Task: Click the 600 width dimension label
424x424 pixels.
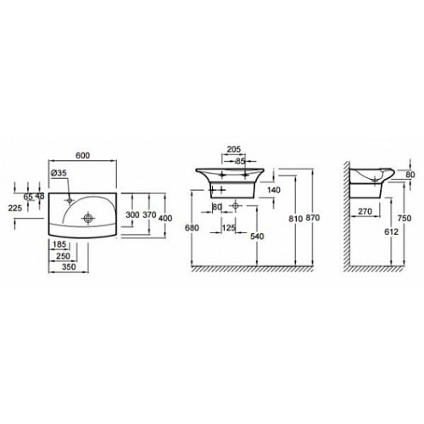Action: click(x=82, y=155)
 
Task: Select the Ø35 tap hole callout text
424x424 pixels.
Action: click(x=59, y=173)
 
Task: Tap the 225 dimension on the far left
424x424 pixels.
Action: click(x=15, y=208)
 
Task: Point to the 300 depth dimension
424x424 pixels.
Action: click(x=132, y=215)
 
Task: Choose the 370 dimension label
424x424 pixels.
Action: click(x=149, y=215)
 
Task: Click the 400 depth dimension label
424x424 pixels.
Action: click(x=165, y=218)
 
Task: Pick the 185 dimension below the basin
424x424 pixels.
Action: click(x=59, y=244)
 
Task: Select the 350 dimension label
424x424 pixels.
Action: click(x=69, y=266)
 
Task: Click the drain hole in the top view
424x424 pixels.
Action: click(x=88, y=218)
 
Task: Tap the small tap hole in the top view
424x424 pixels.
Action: click(x=70, y=200)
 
